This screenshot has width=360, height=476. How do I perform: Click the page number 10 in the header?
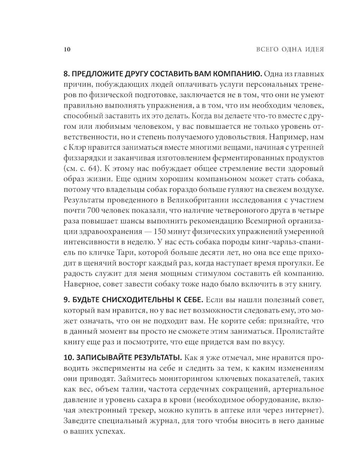click(67, 49)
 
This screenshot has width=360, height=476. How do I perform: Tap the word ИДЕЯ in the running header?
click(314, 49)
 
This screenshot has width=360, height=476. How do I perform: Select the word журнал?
click(162, 421)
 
